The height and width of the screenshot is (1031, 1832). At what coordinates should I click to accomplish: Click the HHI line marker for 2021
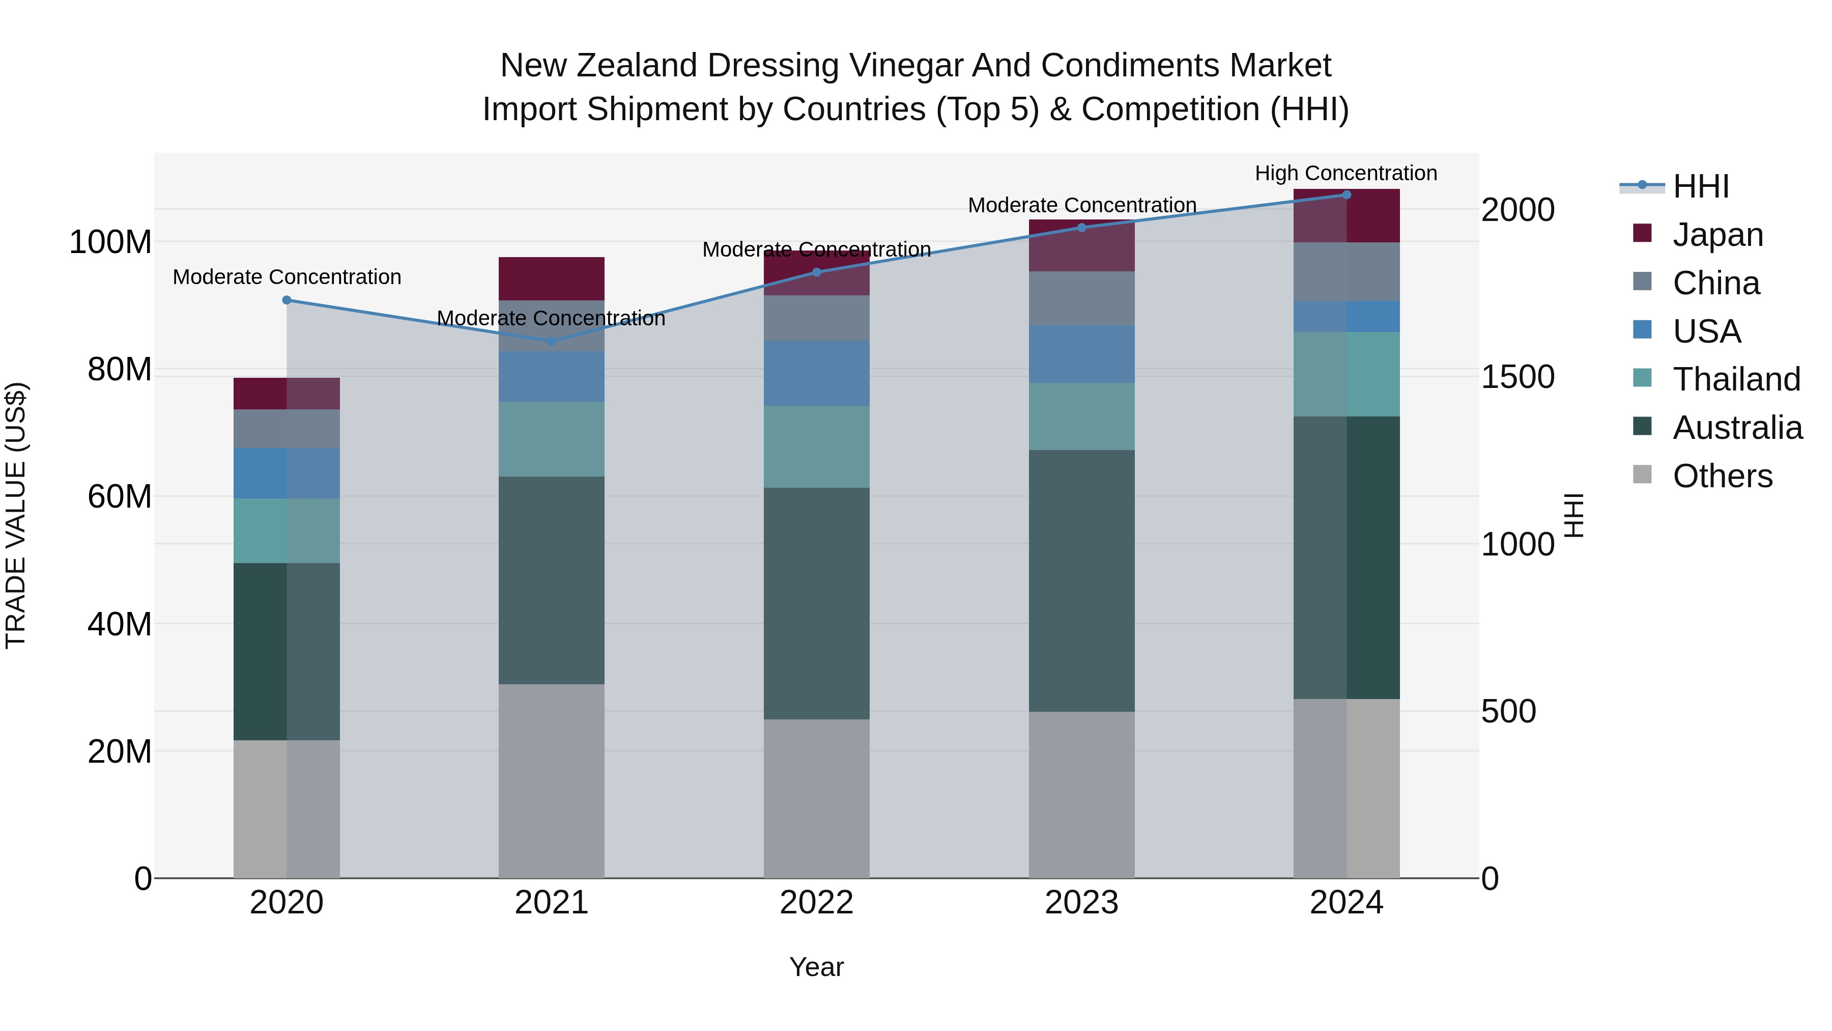(x=552, y=342)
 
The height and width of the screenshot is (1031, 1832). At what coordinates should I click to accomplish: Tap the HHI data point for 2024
(x=1346, y=195)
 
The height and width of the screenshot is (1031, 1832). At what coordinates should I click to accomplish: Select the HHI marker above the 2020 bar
(x=287, y=300)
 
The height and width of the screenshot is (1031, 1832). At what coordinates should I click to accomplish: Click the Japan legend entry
(x=1717, y=235)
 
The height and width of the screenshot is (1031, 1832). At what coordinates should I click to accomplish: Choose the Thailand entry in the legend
(x=1735, y=379)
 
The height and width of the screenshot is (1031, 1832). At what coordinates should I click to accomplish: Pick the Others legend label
(x=1722, y=476)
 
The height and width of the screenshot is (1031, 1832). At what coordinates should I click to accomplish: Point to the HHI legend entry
(x=1700, y=186)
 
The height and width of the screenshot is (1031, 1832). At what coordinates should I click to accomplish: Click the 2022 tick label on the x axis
(x=816, y=903)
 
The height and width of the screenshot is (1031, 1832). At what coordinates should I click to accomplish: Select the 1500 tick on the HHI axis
(x=1518, y=377)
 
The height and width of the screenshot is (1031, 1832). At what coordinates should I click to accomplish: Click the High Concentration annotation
(x=1346, y=173)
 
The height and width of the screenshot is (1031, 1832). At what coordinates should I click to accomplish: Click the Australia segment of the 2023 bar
(x=1082, y=580)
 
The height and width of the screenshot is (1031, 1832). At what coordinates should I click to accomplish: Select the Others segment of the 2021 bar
(x=552, y=781)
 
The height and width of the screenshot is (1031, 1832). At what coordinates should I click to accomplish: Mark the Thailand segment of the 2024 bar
(x=1346, y=374)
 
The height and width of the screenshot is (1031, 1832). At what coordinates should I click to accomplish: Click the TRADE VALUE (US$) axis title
(x=16, y=515)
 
